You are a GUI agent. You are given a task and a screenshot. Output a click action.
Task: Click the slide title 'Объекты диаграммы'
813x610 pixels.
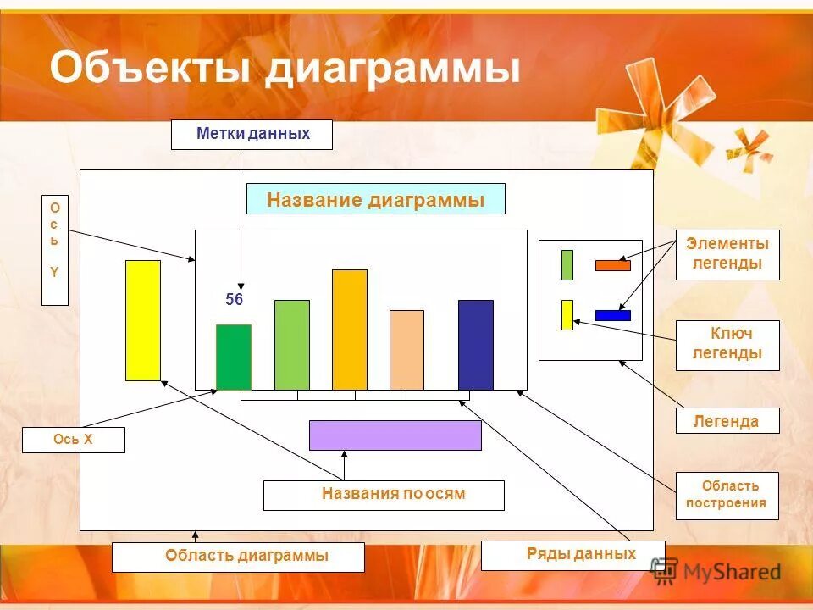coord(285,68)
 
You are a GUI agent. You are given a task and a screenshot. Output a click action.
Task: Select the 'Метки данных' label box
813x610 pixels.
coord(252,135)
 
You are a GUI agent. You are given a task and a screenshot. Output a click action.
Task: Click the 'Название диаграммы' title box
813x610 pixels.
coord(375,199)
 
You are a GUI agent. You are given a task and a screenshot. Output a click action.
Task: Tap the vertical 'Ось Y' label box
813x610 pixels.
coord(55,250)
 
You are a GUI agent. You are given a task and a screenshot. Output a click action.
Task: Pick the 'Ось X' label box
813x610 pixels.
coord(73,440)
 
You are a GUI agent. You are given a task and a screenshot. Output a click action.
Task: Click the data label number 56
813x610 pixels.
coord(234,300)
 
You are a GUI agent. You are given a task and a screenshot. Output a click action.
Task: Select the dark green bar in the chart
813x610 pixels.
coord(233,357)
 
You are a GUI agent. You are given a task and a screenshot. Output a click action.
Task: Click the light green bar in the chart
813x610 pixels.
coord(291,344)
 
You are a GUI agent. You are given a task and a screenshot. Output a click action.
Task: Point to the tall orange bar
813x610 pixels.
coord(349,330)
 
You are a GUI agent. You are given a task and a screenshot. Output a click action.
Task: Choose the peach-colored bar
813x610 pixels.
coord(406,349)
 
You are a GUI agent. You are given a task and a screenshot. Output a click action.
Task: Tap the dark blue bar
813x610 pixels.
coord(475,344)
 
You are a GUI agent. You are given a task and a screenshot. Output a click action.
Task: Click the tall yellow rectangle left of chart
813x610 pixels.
coord(142,319)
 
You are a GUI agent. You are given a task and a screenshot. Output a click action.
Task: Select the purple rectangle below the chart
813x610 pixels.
coord(395,435)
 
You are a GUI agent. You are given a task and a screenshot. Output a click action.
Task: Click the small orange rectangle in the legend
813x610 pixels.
coord(612,265)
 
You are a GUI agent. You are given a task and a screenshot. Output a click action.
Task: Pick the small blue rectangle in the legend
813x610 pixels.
coord(612,315)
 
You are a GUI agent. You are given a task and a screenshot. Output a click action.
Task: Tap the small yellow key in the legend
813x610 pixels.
coord(567,314)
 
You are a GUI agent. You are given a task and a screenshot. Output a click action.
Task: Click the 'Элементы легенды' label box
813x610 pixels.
coord(727,254)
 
